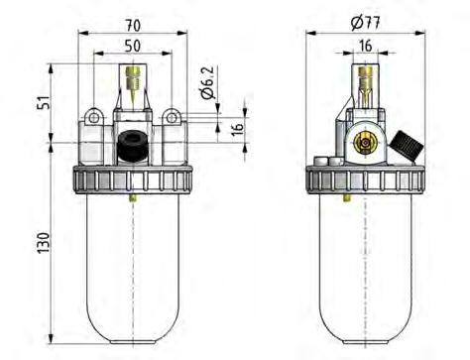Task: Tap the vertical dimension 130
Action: [x=42, y=241]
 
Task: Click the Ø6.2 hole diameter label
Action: [x=207, y=85]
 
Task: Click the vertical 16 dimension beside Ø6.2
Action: [x=237, y=130]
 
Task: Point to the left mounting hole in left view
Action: [x=93, y=118]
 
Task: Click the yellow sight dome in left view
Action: [x=133, y=84]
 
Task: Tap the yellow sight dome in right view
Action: [x=366, y=85]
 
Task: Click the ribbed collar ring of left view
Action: [x=133, y=180]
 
